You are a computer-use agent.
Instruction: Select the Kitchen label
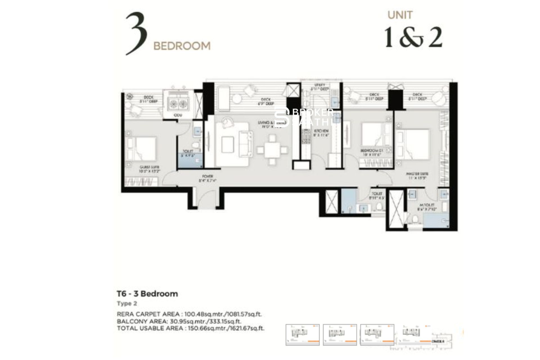(321, 133)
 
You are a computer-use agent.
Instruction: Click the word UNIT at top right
(400, 15)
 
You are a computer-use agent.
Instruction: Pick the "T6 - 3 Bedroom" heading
(147, 294)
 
